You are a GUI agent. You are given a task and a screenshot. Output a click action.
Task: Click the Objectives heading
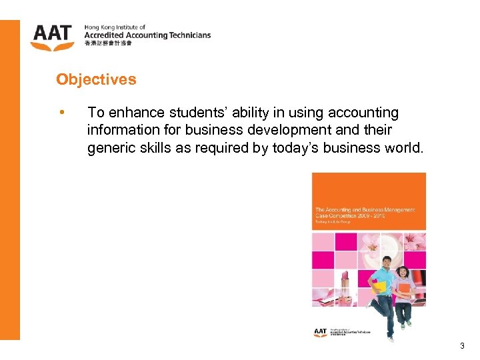(x=96, y=79)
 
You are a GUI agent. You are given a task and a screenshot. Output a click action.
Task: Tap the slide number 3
(x=462, y=346)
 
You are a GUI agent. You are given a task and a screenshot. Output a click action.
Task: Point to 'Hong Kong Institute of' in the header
(x=115, y=27)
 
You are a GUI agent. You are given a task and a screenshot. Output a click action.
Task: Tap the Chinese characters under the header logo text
(x=108, y=44)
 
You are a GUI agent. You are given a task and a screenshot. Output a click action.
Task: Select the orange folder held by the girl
(x=404, y=288)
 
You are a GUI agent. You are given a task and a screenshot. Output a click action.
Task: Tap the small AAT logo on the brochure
(x=321, y=331)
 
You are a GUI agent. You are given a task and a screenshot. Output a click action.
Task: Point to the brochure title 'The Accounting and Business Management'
(x=365, y=209)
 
